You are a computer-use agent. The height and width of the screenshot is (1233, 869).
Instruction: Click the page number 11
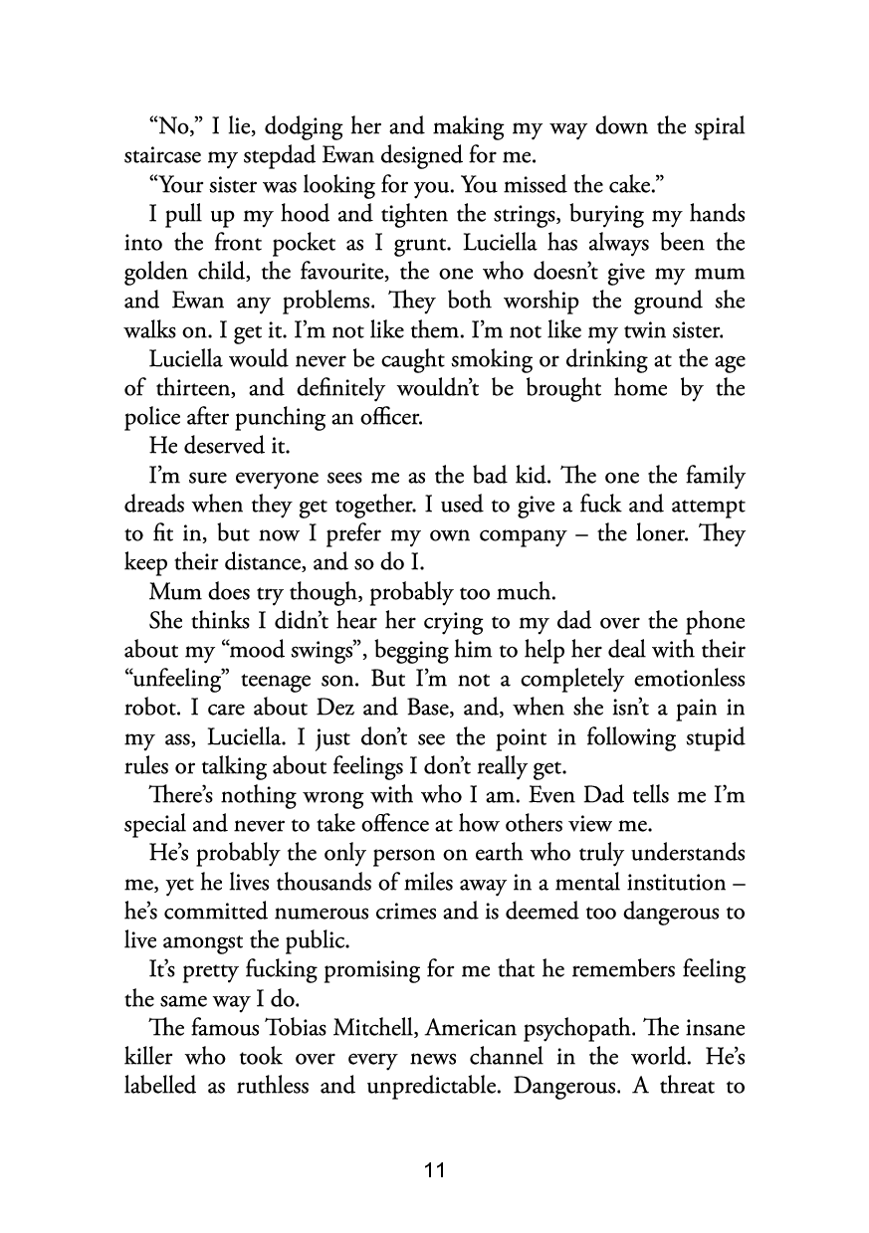pyautogui.click(x=434, y=1169)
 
